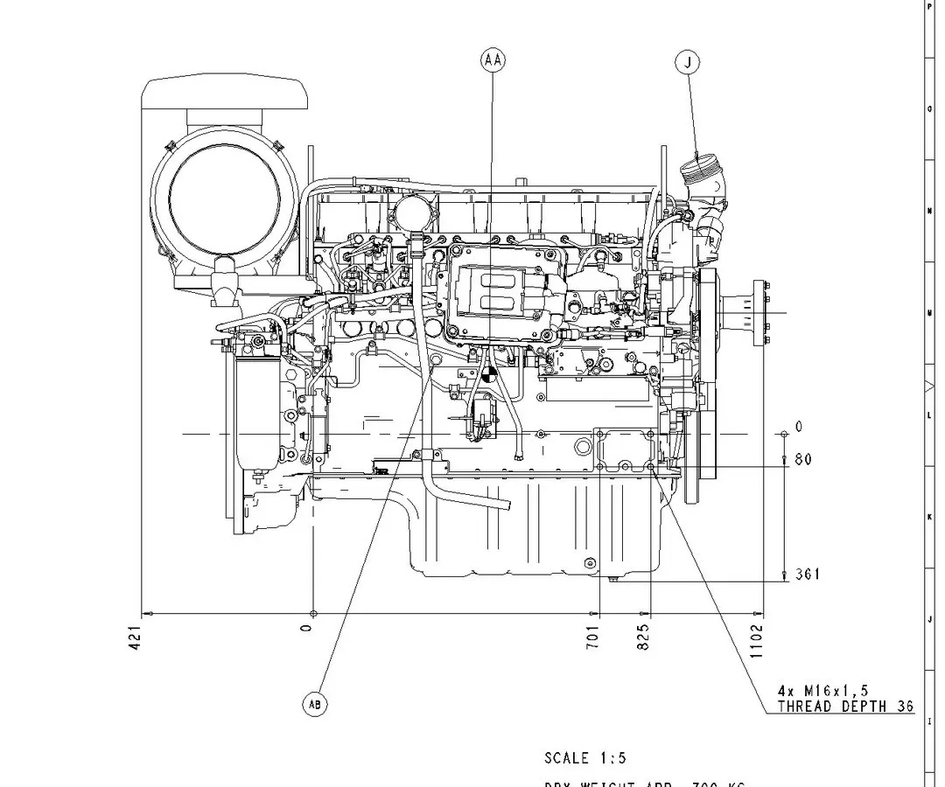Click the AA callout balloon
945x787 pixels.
coord(493,60)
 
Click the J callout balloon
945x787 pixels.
coord(688,62)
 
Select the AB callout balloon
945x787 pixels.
coord(314,704)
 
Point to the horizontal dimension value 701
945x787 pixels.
coord(593,635)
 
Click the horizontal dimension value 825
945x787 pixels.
coord(644,635)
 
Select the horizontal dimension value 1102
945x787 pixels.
coord(757,640)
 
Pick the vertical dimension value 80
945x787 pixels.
coord(802,459)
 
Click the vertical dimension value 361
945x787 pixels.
coord(807,575)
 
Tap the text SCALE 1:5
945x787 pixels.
coord(585,758)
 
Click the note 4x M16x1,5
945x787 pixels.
coord(823,691)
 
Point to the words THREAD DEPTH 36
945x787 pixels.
coord(844,707)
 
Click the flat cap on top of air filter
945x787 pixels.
coord(226,92)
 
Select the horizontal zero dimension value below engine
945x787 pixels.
coord(306,628)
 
